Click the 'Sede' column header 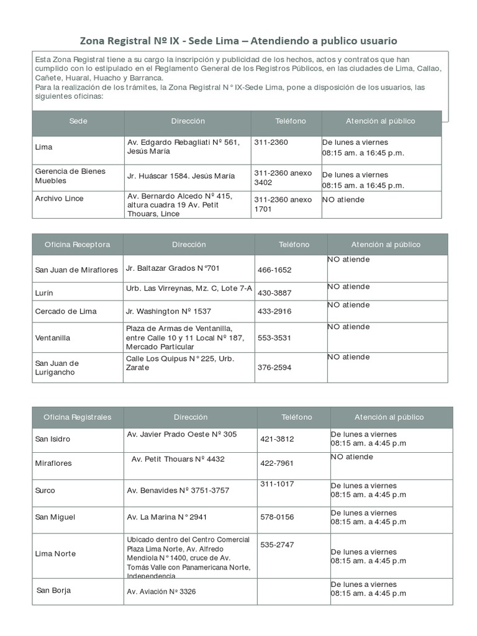78,121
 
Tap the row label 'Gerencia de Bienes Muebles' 70,176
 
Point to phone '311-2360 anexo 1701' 283,204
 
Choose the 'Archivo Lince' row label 59,199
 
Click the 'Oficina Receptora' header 77,245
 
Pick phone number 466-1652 274,270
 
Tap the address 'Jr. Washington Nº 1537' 168,311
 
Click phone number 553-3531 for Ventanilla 274,338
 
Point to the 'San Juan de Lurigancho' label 57,368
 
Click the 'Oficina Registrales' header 78,417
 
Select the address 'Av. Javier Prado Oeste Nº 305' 181,434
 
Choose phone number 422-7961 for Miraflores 277,463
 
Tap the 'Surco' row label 45,491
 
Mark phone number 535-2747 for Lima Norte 277,545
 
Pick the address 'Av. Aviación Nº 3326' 161,592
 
